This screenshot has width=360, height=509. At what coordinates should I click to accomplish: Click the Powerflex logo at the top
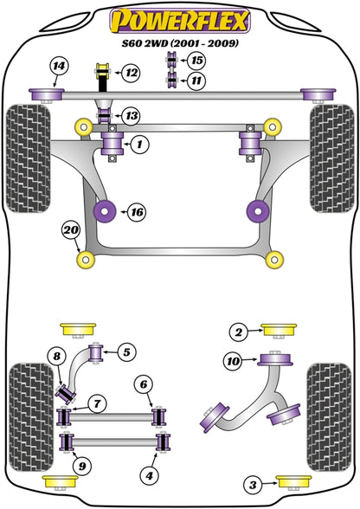(x=180, y=18)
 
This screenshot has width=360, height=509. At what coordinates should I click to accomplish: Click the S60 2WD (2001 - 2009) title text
(x=180, y=42)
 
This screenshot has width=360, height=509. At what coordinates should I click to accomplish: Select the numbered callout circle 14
(x=58, y=66)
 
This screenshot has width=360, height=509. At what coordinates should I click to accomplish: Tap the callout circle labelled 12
(x=130, y=74)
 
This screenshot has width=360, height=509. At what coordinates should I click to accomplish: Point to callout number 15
(x=197, y=61)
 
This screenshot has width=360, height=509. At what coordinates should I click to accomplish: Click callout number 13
(x=130, y=115)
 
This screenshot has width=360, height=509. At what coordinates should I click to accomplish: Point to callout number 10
(x=231, y=361)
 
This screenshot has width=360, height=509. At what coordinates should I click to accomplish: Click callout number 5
(x=125, y=351)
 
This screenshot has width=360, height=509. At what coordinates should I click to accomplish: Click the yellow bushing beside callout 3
(x=289, y=482)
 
